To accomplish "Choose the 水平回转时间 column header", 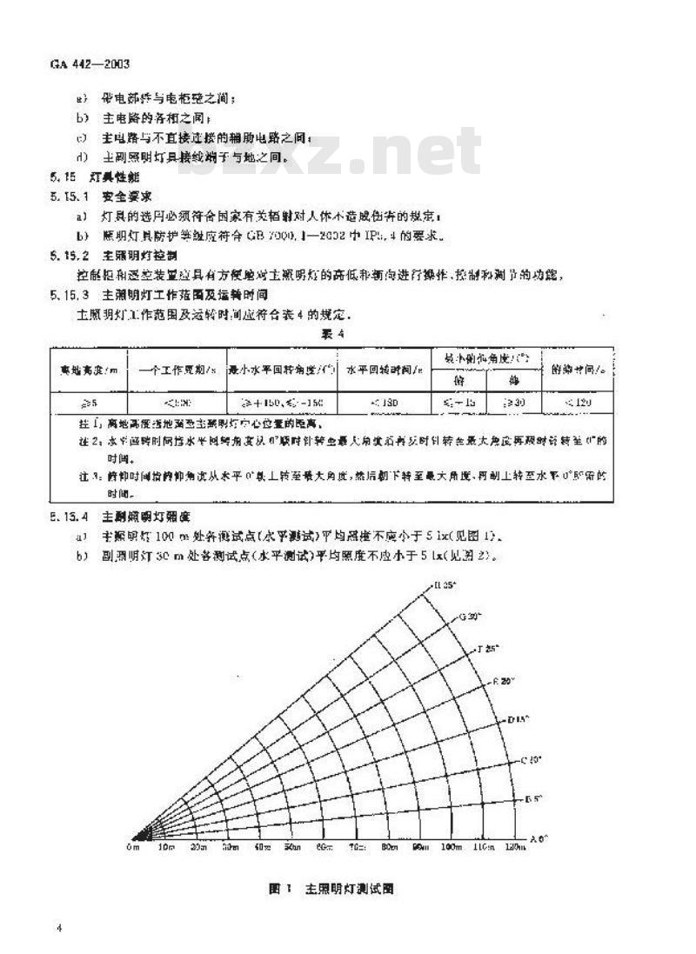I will click(x=383, y=369).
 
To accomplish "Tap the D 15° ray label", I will click(x=519, y=719).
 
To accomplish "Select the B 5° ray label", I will click(x=534, y=798).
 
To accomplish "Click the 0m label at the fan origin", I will click(x=133, y=846).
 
